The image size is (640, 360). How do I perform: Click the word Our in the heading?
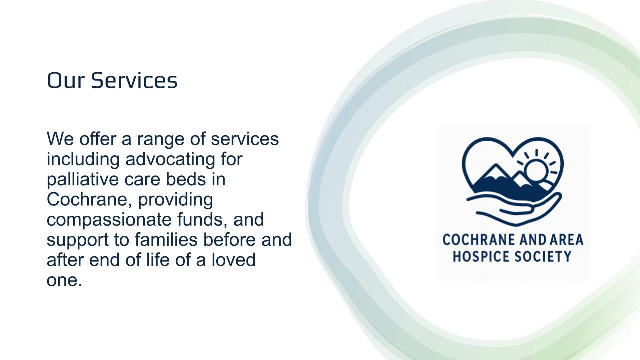coord(66,80)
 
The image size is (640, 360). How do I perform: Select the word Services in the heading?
coord(134,80)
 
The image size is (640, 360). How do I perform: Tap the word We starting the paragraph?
coord(60,139)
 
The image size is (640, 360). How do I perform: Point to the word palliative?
coord(83,179)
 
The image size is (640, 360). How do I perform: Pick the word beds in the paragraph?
coord(186,179)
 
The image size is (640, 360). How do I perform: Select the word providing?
coord(175,199)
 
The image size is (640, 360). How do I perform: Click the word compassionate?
coord(109,220)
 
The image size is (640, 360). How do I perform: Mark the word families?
coord(166,240)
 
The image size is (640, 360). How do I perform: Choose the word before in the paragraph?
coord(229,240)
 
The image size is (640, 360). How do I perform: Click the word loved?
coord(233,260)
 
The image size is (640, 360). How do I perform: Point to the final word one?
coord(64,281)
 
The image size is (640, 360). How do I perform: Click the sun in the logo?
coord(536,170)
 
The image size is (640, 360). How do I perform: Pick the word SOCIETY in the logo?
coord(543,256)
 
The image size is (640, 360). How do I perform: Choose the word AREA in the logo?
coord(567,240)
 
